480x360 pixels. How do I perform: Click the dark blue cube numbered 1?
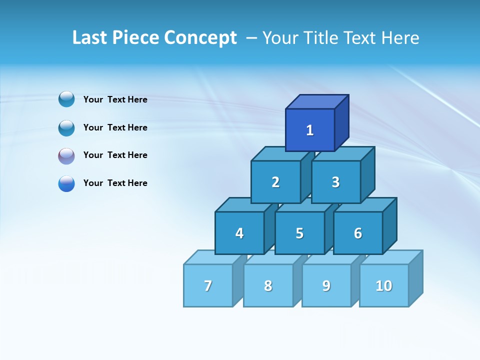tap(310, 130)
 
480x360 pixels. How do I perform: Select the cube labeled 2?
tap(275, 182)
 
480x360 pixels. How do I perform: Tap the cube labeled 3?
tap(335, 182)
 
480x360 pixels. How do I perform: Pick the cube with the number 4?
tap(239, 233)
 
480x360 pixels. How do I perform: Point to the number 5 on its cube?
tap(299, 233)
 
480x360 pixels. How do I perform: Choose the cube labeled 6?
tap(358, 233)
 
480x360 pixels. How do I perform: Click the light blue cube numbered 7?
tap(208, 285)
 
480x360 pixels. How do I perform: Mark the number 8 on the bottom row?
tap(268, 286)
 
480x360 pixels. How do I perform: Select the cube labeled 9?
tap(326, 285)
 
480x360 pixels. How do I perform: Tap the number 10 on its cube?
tap(384, 285)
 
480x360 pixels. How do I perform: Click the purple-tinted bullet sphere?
tap(66, 156)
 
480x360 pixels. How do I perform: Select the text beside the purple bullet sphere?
tap(115, 155)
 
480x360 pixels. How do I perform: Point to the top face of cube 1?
tap(317, 102)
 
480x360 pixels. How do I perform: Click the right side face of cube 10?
tap(416, 278)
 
